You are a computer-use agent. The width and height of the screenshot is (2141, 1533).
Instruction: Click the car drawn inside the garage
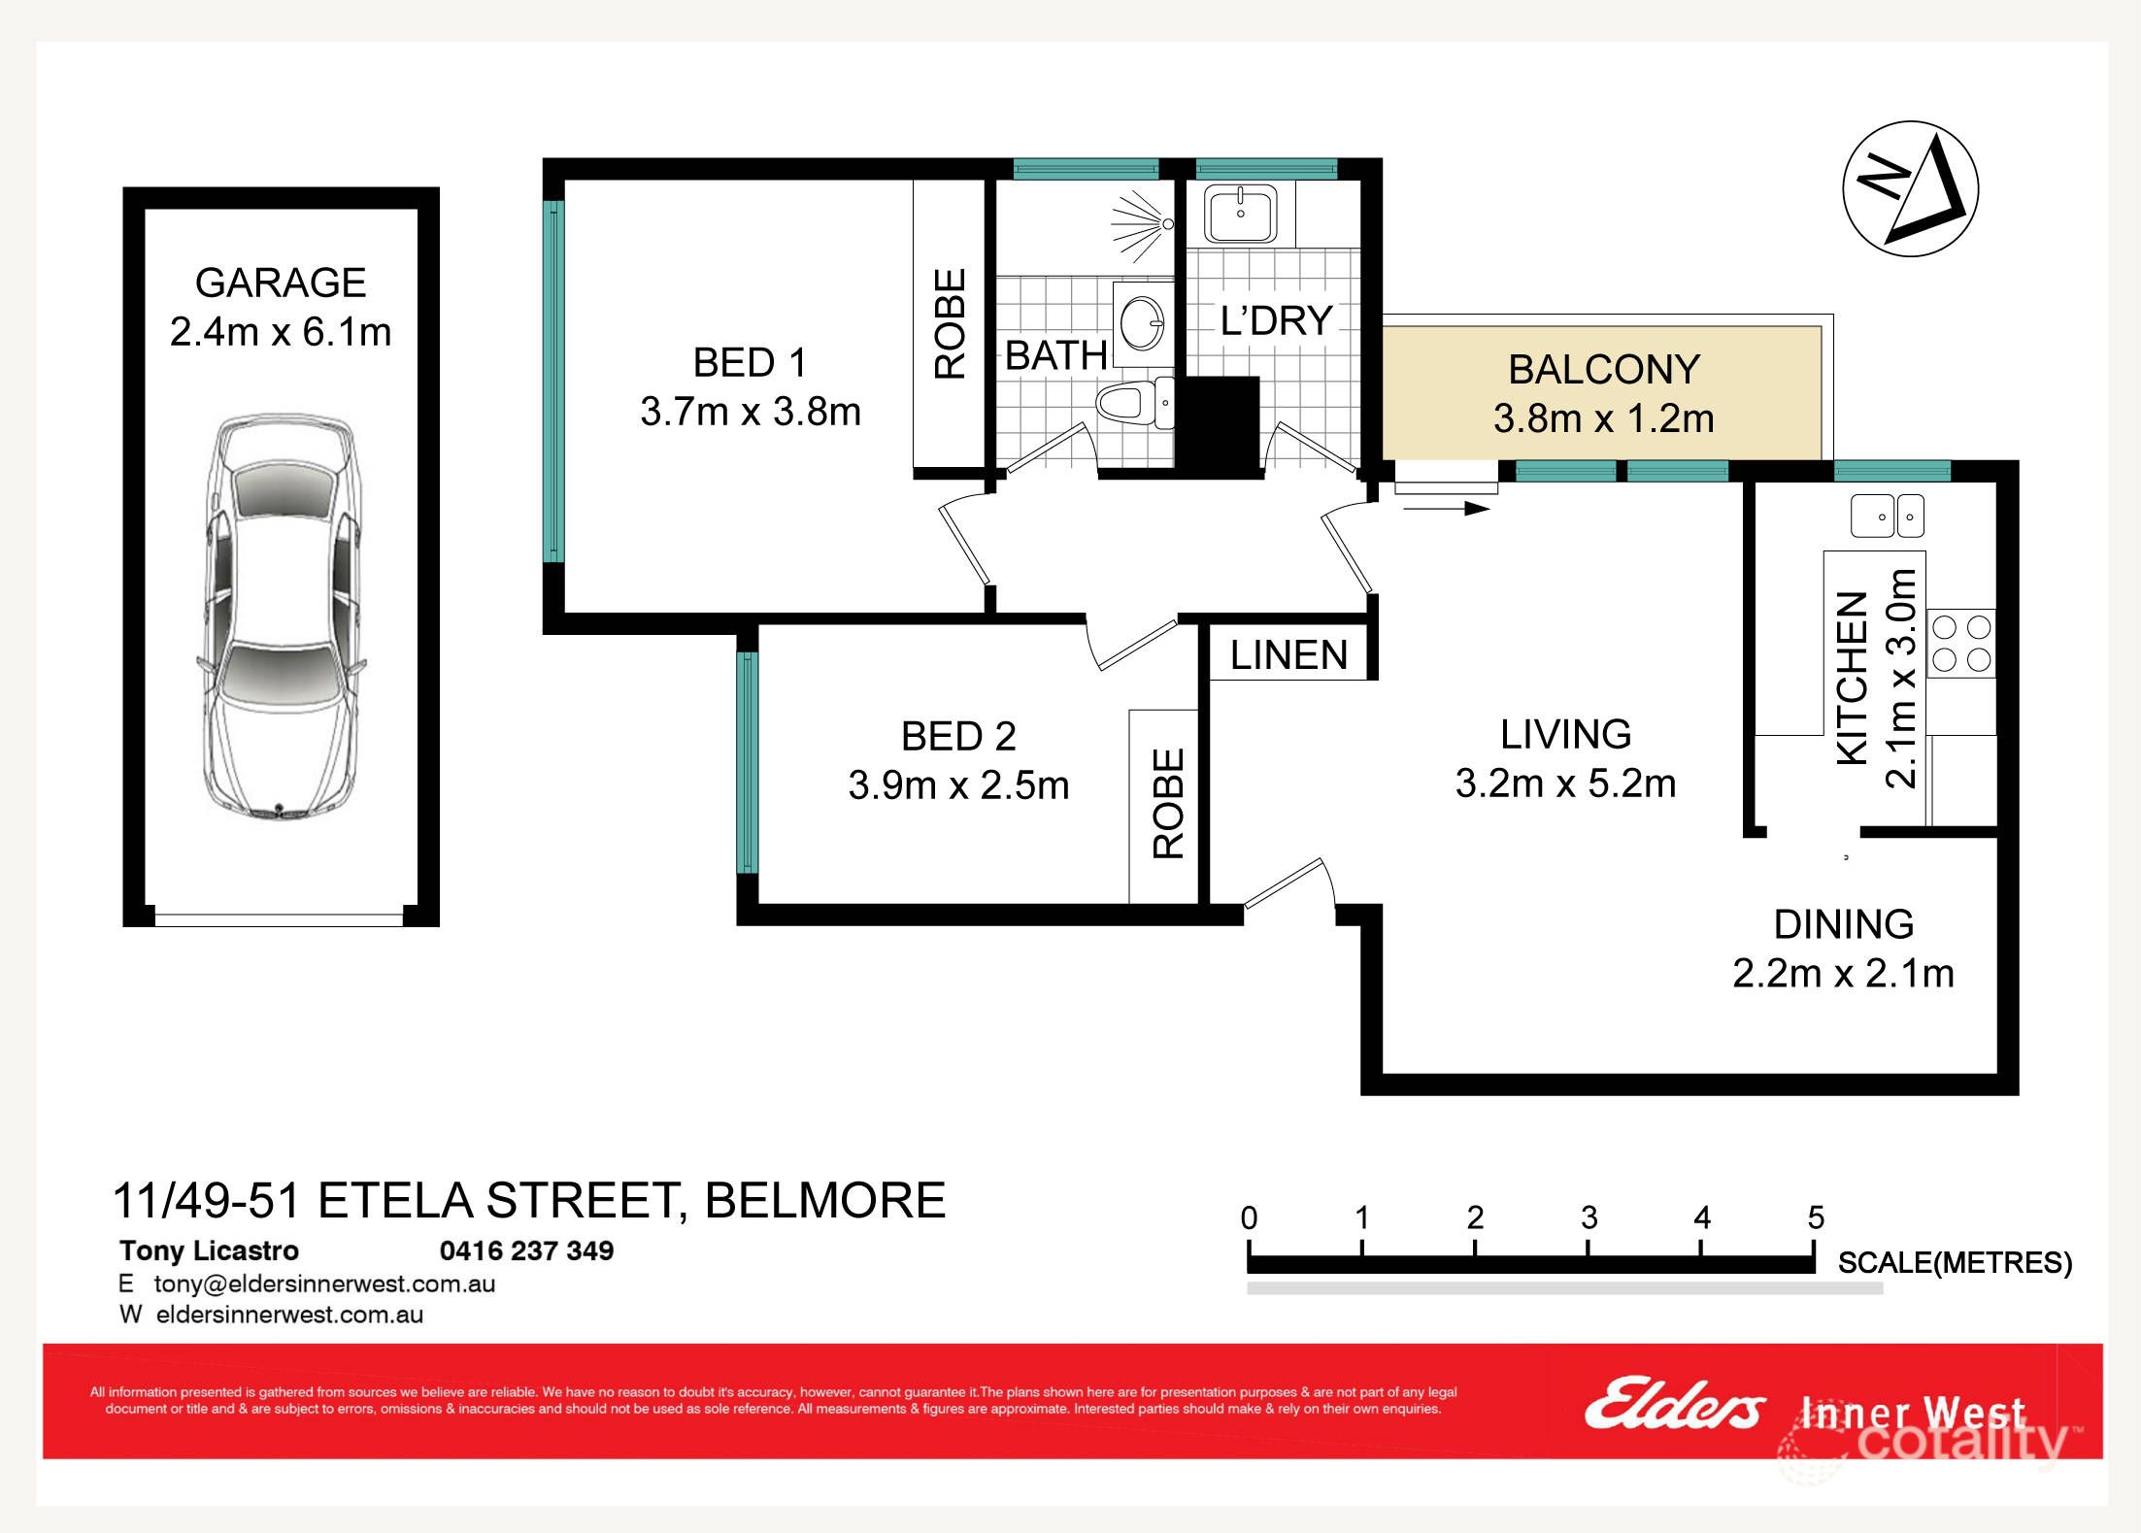282,616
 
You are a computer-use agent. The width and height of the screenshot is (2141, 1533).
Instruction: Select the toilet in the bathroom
1131,403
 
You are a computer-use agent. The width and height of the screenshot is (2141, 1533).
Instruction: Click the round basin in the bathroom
1143,323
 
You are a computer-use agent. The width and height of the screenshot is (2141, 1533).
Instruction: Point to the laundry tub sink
1240,214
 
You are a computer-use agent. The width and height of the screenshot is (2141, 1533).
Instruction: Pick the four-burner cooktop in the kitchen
1961,643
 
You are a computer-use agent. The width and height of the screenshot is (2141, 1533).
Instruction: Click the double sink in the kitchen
1887,516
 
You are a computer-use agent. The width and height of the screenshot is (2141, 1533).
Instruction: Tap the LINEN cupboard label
1288,655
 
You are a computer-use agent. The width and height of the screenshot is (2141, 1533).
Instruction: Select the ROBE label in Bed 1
950,323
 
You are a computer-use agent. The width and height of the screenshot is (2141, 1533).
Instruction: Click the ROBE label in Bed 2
1168,803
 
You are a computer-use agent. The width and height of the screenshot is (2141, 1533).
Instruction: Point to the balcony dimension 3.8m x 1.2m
1603,419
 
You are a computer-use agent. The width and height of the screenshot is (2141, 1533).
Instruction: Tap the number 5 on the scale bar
1816,1217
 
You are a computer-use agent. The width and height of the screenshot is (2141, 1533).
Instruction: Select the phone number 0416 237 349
526,1250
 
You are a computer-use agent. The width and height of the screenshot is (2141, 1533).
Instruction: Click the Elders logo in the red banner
1674,1405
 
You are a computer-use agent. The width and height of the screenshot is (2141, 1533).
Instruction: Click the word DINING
1843,924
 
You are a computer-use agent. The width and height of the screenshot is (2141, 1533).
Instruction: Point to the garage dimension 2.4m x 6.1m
281,332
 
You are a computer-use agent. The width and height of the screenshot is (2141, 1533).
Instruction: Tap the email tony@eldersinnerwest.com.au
324,1283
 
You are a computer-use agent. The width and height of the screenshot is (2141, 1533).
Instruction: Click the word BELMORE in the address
824,1201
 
